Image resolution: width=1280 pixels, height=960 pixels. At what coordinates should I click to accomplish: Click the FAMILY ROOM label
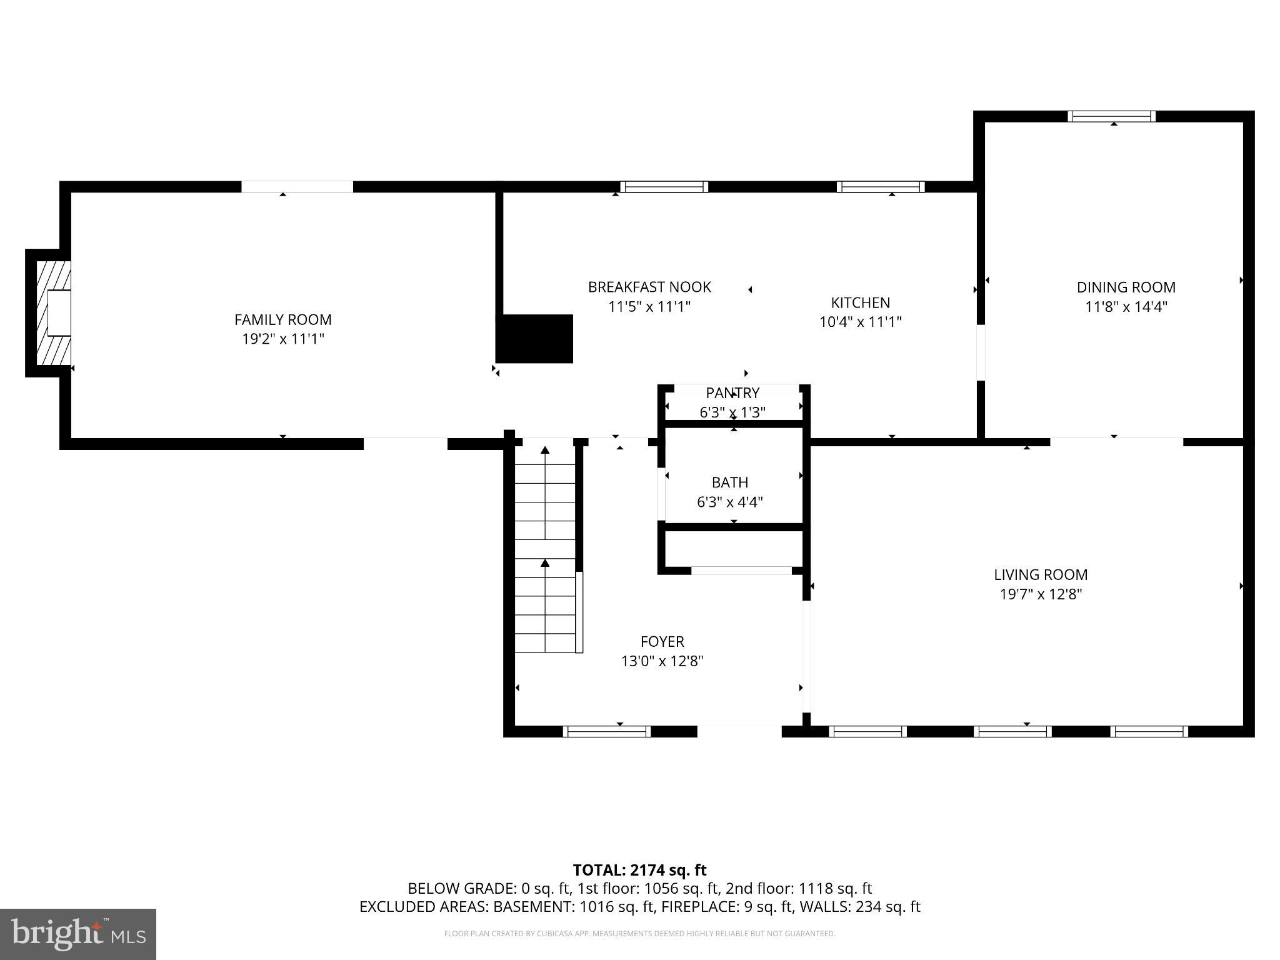coord(282,319)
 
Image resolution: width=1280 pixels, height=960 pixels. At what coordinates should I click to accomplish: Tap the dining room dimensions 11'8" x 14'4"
coord(1126,307)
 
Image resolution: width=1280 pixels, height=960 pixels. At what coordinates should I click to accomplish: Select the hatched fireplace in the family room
coord(52,313)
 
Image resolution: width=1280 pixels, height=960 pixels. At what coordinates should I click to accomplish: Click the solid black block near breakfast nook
coord(534,338)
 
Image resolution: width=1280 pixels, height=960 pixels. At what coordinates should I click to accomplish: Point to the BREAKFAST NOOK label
coord(649,287)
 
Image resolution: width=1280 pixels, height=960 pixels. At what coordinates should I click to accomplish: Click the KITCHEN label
coord(860,302)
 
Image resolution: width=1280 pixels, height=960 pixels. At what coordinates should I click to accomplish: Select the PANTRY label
coord(732,393)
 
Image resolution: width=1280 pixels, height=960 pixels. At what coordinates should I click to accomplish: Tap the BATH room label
coord(729,482)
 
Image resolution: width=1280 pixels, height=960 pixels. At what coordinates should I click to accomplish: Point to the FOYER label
coord(662,642)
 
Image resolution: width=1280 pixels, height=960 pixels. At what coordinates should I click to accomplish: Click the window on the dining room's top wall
coord(1111,116)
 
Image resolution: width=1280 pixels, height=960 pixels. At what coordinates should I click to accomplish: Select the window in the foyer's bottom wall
coord(607,732)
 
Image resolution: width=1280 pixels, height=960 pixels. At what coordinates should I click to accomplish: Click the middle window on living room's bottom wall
coord(1012,732)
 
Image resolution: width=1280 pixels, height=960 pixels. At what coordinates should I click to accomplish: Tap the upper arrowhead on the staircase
coord(545,449)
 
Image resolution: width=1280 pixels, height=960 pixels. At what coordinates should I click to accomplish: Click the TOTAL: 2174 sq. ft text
coord(639,870)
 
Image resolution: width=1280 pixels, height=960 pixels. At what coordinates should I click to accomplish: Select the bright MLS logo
coord(78,934)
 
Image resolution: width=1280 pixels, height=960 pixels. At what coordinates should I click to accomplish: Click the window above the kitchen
coord(881,187)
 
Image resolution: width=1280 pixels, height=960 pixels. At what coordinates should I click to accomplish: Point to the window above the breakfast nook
coord(664,187)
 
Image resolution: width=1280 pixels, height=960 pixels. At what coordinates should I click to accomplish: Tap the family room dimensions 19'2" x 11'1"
coord(282,339)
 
